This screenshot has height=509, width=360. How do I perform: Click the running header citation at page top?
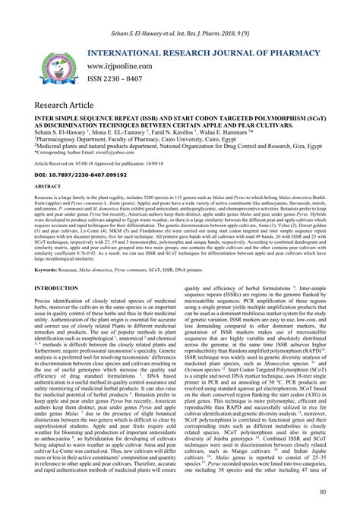tap(180, 11)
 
